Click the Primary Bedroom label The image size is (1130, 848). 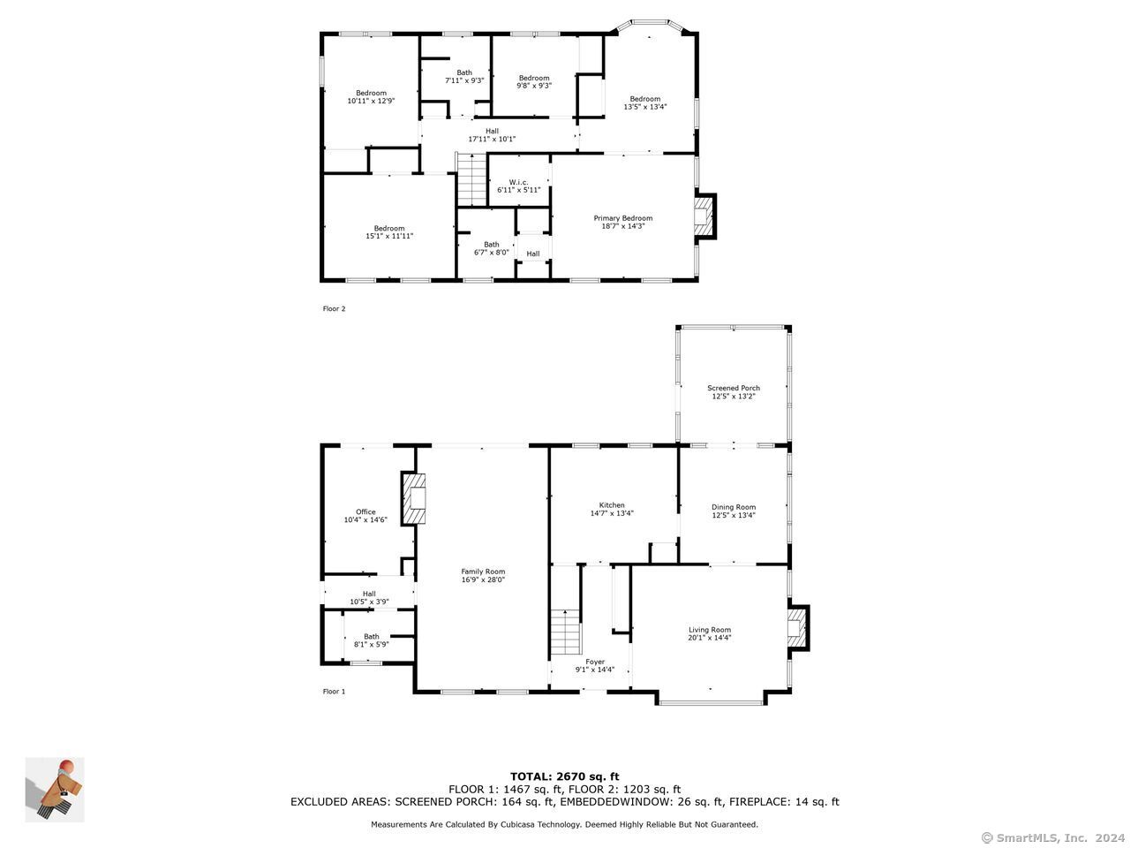pyautogui.click(x=622, y=218)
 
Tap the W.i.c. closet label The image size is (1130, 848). pyautogui.click(x=518, y=182)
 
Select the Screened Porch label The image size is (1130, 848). pyautogui.click(x=733, y=388)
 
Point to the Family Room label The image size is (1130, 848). pyautogui.click(x=482, y=571)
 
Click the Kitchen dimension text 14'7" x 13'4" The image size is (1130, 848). pyautogui.click(x=611, y=513)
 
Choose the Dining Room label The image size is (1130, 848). pyautogui.click(x=733, y=507)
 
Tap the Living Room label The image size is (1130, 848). pyautogui.click(x=709, y=629)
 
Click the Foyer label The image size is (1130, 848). pyautogui.click(x=595, y=662)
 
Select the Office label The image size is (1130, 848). pyautogui.click(x=365, y=511)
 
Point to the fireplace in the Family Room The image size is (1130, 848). pyautogui.click(x=414, y=498)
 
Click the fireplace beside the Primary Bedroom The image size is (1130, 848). pyautogui.click(x=704, y=216)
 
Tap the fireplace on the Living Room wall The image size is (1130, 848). pyautogui.click(x=798, y=628)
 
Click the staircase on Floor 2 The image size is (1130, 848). pyautogui.click(x=471, y=179)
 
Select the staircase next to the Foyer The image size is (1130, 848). pyautogui.click(x=565, y=632)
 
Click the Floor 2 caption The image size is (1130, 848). pyautogui.click(x=334, y=308)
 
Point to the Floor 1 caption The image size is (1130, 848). pyautogui.click(x=334, y=691)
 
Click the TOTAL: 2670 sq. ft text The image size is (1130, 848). pyautogui.click(x=564, y=776)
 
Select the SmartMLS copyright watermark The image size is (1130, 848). pyautogui.click(x=1052, y=837)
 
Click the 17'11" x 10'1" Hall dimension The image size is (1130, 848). pyautogui.click(x=491, y=139)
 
